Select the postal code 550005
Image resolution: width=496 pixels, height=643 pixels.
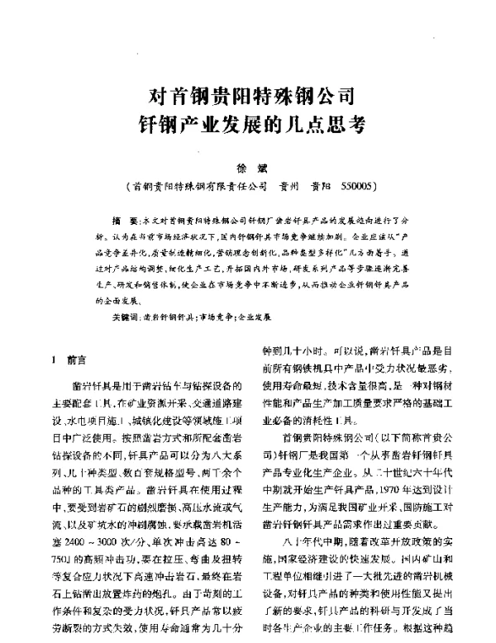click(x=361, y=188)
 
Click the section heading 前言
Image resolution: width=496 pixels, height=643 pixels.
click(x=76, y=360)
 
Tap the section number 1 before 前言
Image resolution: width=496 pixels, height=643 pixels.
click(x=54, y=360)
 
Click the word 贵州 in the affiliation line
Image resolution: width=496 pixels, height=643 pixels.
click(x=293, y=188)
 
